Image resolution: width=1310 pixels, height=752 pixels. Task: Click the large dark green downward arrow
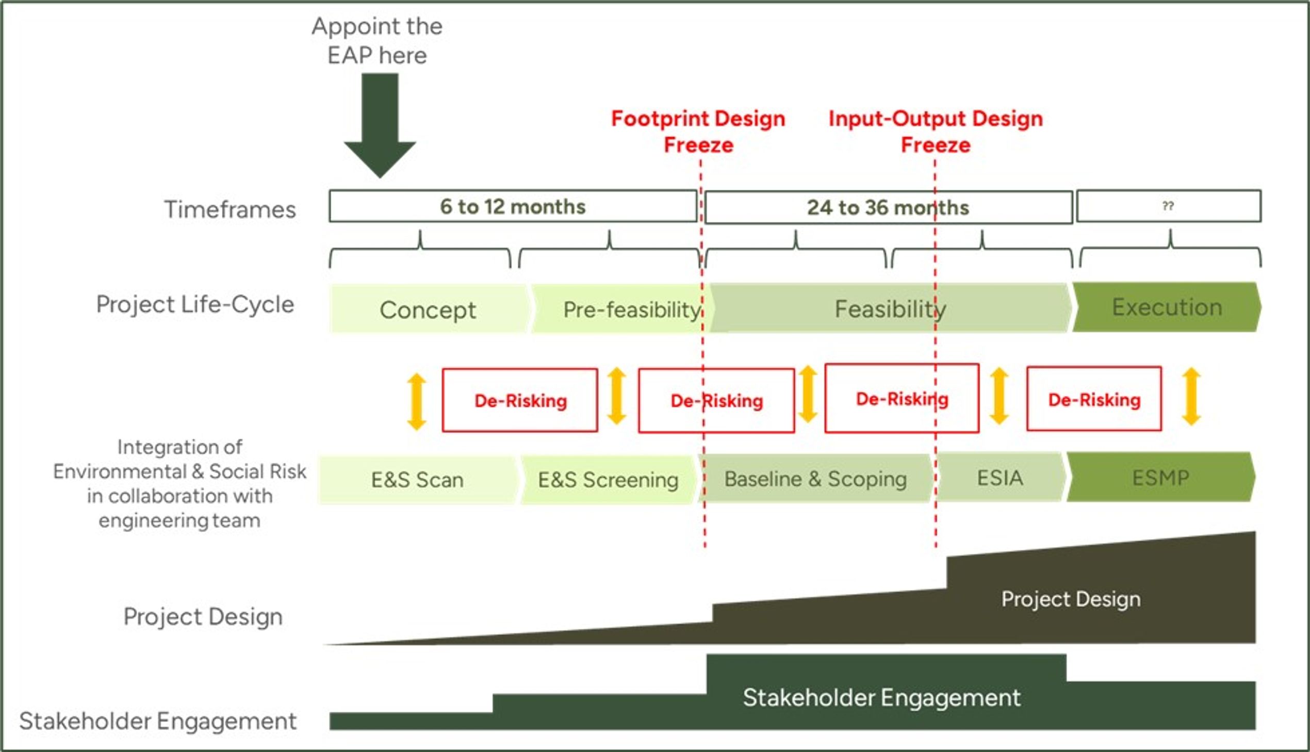[380, 124]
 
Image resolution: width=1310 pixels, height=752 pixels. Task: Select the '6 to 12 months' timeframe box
[512, 207]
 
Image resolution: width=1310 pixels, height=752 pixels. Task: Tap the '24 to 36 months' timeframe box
[888, 208]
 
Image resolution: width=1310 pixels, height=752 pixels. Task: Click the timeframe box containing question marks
[1168, 206]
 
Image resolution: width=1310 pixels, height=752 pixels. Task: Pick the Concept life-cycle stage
[428, 309]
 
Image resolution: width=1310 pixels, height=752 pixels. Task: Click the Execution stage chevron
[1167, 307]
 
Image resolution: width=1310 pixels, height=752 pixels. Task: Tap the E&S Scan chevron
[417, 480]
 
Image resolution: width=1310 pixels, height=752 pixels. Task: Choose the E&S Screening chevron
[608, 480]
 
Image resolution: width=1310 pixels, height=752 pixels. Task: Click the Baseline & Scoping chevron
[815, 479]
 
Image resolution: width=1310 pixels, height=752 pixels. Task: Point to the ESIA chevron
[1000, 478]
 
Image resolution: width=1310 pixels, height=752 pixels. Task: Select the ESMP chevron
[1161, 478]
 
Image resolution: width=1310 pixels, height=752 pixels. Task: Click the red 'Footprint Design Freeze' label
[698, 132]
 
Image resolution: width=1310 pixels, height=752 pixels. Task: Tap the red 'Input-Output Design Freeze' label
[936, 132]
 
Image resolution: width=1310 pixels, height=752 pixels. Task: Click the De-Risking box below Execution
[1094, 399]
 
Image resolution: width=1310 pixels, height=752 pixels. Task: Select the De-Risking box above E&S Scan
[520, 400]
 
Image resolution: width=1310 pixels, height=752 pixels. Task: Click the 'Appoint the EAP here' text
[377, 40]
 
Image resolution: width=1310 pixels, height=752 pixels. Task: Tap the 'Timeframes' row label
[230, 210]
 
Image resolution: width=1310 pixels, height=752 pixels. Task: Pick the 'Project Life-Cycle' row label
[195, 304]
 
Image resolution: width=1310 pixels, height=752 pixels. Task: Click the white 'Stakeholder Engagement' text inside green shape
[881, 698]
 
